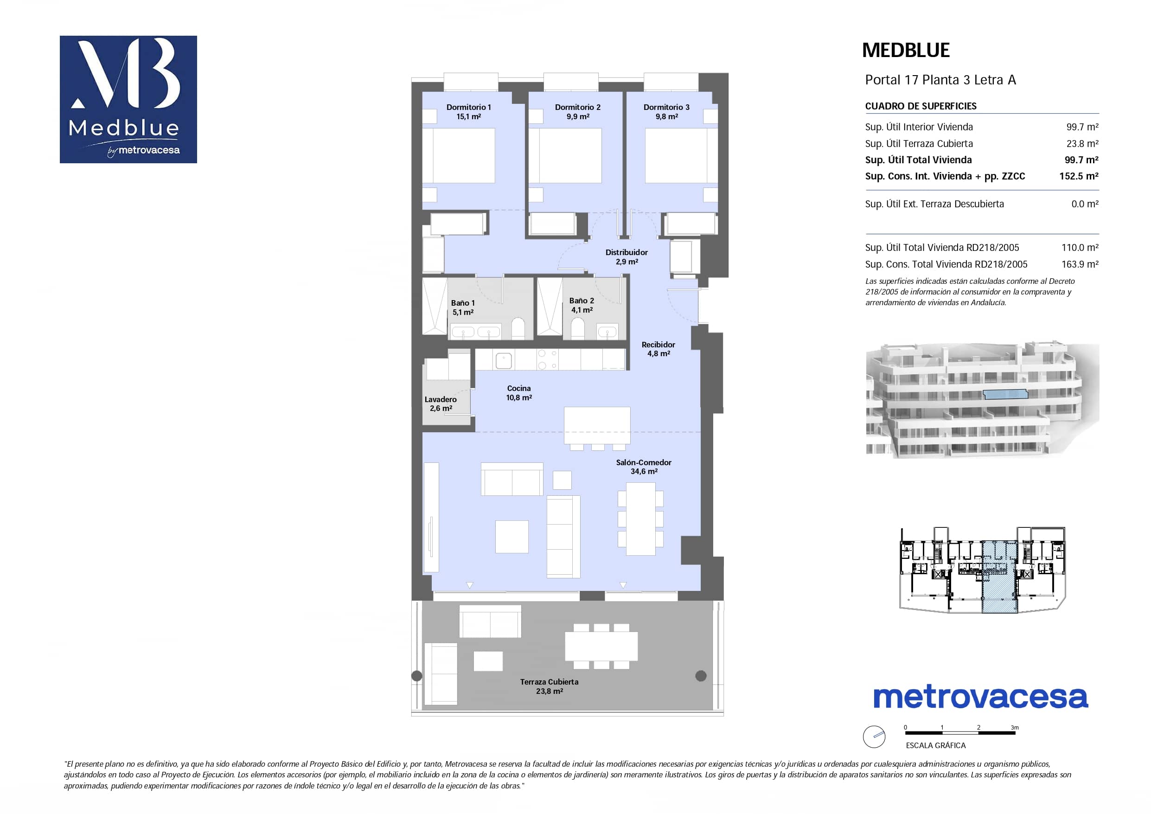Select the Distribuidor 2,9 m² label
tap(626, 257)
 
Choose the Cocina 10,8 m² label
tap(519, 393)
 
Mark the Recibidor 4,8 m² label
tap(658, 349)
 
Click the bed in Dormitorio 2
tap(565, 155)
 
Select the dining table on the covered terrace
tap(601, 646)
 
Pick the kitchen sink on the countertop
tap(503, 360)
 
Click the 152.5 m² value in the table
tap(1079, 176)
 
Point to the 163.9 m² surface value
tap(1080, 264)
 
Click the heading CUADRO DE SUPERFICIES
tap(921, 106)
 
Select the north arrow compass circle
tap(874, 737)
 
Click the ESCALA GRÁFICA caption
tap(935, 745)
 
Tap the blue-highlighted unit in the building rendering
tap(1005, 394)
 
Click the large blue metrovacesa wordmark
tap(980, 698)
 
